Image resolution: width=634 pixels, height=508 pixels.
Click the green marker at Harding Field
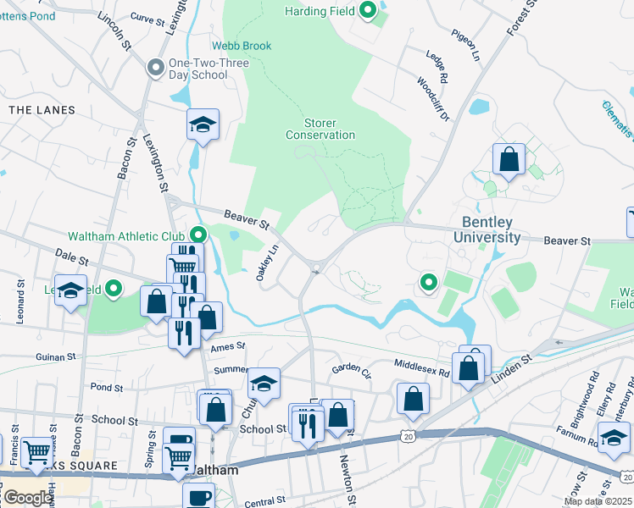point(367,10)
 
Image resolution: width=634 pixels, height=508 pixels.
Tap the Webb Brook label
point(242,46)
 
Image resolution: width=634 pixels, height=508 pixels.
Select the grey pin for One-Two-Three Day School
point(155,68)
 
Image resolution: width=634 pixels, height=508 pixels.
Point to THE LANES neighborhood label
point(42,110)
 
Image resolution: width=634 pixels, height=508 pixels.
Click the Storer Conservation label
point(320,129)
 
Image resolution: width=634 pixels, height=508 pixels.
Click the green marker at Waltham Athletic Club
point(198,235)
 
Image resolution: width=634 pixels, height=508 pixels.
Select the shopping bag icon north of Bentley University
point(509,159)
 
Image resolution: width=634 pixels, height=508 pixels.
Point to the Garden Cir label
point(352,369)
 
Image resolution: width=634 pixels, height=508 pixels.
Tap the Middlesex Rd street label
point(421,363)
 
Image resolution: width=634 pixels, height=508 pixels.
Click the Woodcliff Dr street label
point(432,100)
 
